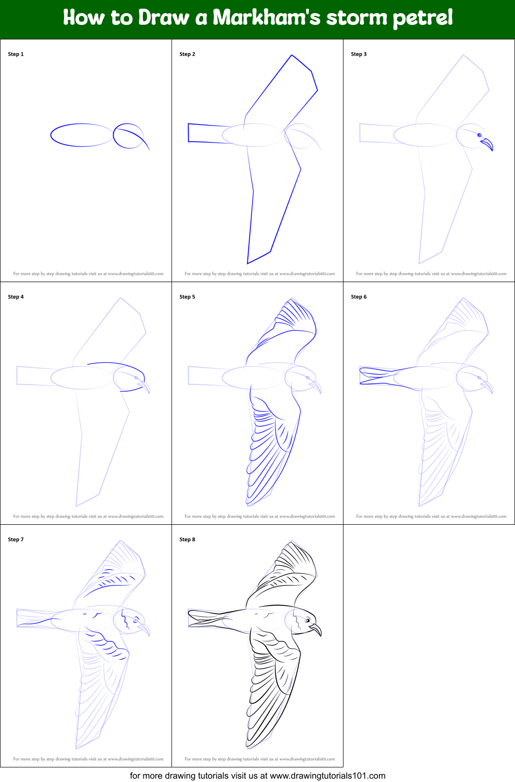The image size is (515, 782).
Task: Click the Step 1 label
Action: [x=16, y=54]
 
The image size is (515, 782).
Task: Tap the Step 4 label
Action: [x=16, y=297]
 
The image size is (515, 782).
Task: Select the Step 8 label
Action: [x=187, y=539]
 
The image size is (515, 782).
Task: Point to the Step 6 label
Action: [x=359, y=297]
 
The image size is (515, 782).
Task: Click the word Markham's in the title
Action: [x=267, y=18]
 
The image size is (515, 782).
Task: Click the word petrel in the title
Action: [x=422, y=18]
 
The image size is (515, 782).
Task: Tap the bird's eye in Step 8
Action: [x=308, y=621]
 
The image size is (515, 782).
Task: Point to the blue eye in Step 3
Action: [x=479, y=135]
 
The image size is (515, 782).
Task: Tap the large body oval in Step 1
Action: [x=82, y=135]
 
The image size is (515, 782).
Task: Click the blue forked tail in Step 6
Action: [x=374, y=376]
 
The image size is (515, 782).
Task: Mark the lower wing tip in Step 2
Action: [x=249, y=262]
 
